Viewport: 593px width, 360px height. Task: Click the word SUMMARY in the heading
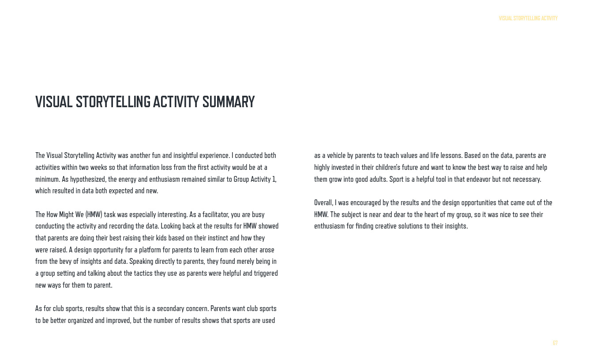pos(229,102)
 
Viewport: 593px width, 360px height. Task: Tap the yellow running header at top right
pos(528,19)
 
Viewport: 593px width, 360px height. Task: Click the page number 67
pos(555,343)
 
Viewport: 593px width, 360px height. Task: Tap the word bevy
pos(65,261)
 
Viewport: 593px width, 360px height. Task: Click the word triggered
pos(264,273)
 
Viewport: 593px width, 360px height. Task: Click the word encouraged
pos(369,202)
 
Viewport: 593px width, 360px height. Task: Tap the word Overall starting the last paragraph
pos(323,202)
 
